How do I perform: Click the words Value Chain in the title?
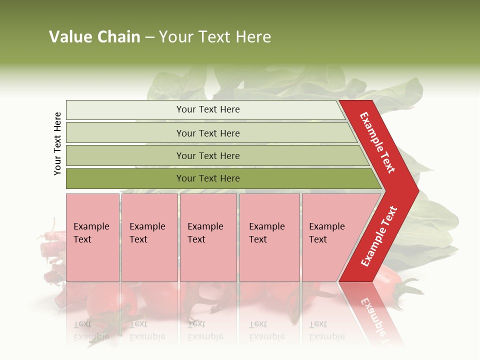[x=94, y=37]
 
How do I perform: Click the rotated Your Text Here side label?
[x=57, y=143]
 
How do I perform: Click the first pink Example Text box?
[x=92, y=237]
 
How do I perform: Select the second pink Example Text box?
[x=149, y=237]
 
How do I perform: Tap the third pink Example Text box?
[x=208, y=237]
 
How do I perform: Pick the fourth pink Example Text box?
[x=269, y=237]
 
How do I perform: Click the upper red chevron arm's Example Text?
[x=377, y=143]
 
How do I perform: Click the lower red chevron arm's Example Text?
[x=378, y=236]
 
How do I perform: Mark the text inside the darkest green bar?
[x=208, y=178]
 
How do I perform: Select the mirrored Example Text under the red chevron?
[x=375, y=315]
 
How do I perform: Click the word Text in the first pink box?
[x=82, y=239]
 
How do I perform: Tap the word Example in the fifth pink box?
[x=327, y=226]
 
